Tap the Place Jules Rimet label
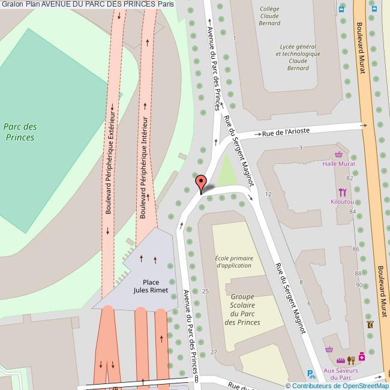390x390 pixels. point(151,286)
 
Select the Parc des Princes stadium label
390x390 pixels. point(20,131)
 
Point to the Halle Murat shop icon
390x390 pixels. point(340,154)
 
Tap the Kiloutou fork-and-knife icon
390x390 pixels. point(342,193)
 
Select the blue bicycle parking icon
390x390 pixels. point(310,374)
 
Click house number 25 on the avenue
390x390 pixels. point(206,291)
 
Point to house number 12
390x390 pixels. point(268,194)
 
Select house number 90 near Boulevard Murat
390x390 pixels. point(359,284)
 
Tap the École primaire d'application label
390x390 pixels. point(234,262)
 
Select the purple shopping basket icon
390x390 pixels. point(329,349)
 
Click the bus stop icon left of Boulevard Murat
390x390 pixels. point(341,8)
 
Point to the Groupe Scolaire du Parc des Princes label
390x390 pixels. point(242,309)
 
